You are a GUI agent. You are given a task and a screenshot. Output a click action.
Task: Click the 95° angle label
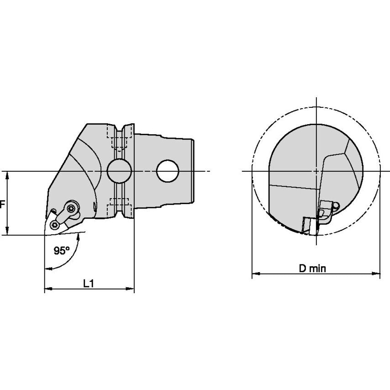[x=62, y=250]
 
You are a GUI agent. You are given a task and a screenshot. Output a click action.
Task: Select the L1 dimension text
[x=89, y=283]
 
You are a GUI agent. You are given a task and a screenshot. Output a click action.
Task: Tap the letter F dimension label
[x=2, y=205]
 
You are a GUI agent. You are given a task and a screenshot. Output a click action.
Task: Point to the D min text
[x=312, y=269]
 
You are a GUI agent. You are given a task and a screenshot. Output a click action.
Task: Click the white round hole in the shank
[x=168, y=171]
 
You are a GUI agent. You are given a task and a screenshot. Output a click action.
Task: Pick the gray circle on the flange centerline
[x=119, y=171]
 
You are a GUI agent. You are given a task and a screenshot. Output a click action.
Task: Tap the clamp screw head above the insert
[x=71, y=208]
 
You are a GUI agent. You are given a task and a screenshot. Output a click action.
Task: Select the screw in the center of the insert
[x=54, y=225]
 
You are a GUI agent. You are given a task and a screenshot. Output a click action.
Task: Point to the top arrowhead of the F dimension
[x=7, y=175]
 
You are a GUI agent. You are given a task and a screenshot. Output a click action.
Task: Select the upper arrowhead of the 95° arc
[x=79, y=237]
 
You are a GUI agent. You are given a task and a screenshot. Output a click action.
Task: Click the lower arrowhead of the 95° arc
[x=48, y=269]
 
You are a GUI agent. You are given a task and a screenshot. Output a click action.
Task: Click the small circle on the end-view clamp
[x=336, y=206]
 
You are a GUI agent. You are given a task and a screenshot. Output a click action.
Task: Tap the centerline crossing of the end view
[x=316, y=171]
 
